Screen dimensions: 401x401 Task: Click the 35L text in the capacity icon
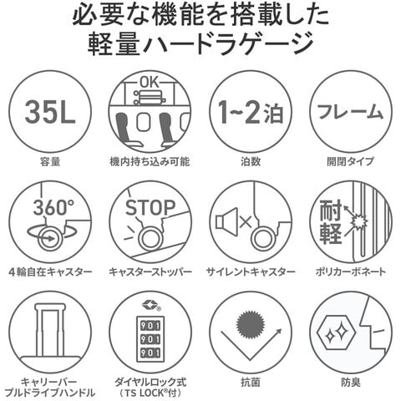tap(50, 111)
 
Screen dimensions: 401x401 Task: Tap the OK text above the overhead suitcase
tap(150, 82)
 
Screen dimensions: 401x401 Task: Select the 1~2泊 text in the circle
tap(251, 112)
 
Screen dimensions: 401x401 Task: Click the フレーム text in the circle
tap(351, 112)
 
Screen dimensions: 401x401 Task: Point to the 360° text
tap(54, 207)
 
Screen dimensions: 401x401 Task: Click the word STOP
tap(150, 207)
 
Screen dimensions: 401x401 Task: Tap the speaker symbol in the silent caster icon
tap(226, 221)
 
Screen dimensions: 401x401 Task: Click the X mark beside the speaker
tap(246, 222)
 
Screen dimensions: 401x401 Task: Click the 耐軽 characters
tap(331, 222)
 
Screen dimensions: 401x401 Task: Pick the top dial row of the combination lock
tap(150, 326)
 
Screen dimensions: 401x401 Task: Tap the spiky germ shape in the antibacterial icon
tap(251, 324)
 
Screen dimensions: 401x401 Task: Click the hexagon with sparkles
tap(337, 332)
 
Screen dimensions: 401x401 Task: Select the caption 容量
tap(50, 161)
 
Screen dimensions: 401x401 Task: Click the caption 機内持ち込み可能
tap(150, 161)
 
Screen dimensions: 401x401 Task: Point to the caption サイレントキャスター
tap(251, 272)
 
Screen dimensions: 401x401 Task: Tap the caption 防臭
tap(351, 382)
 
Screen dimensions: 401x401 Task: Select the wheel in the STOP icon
tap(150, 237)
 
